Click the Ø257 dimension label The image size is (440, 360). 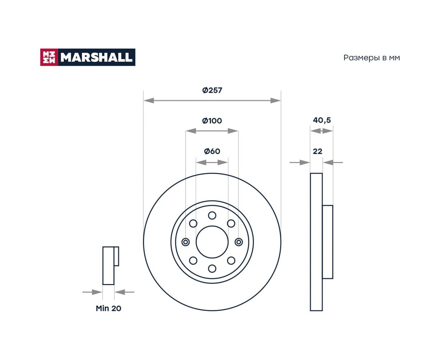pos(212,90)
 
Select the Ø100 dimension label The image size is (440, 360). pos(212,121)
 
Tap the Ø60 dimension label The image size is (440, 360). pos(212,151)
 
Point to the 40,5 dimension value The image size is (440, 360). pos(322,120)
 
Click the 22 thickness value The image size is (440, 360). pos(317,151)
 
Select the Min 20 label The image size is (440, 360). pos(108,308)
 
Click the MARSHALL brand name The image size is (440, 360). pos(96,57)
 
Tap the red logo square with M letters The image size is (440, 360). pos(49,57)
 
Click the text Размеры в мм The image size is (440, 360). pos(372,58)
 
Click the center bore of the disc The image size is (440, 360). pos(212,242)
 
